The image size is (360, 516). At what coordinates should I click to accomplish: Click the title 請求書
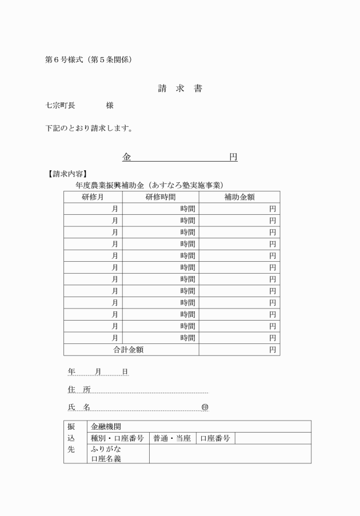tap(180, 89)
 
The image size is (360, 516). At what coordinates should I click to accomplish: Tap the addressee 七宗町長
tap(60, 106)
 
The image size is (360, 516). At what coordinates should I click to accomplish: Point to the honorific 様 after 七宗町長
tap(110, 106)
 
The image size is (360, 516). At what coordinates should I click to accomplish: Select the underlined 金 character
tap(126, 157)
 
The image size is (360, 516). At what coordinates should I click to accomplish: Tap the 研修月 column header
tap(93, 197)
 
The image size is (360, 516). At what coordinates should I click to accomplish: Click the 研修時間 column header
tap(161, 197)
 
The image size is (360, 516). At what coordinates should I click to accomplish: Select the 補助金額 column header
tap(239, 197)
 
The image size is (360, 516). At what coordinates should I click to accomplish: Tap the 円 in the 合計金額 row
tap(273, 350)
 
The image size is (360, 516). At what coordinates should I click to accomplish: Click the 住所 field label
tap(79, 390)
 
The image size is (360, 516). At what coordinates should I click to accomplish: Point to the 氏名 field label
tap(79, 407)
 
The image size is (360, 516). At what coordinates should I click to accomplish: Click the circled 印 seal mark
tap(205, 407)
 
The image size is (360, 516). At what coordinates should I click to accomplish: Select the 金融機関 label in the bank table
tap(106, 427)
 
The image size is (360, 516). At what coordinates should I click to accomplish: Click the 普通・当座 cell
tap(171, 438)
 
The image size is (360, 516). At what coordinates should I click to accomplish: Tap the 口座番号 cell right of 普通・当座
tap(215, 438)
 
